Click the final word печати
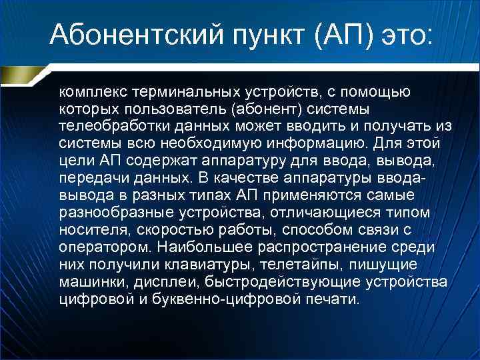point(335,299)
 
